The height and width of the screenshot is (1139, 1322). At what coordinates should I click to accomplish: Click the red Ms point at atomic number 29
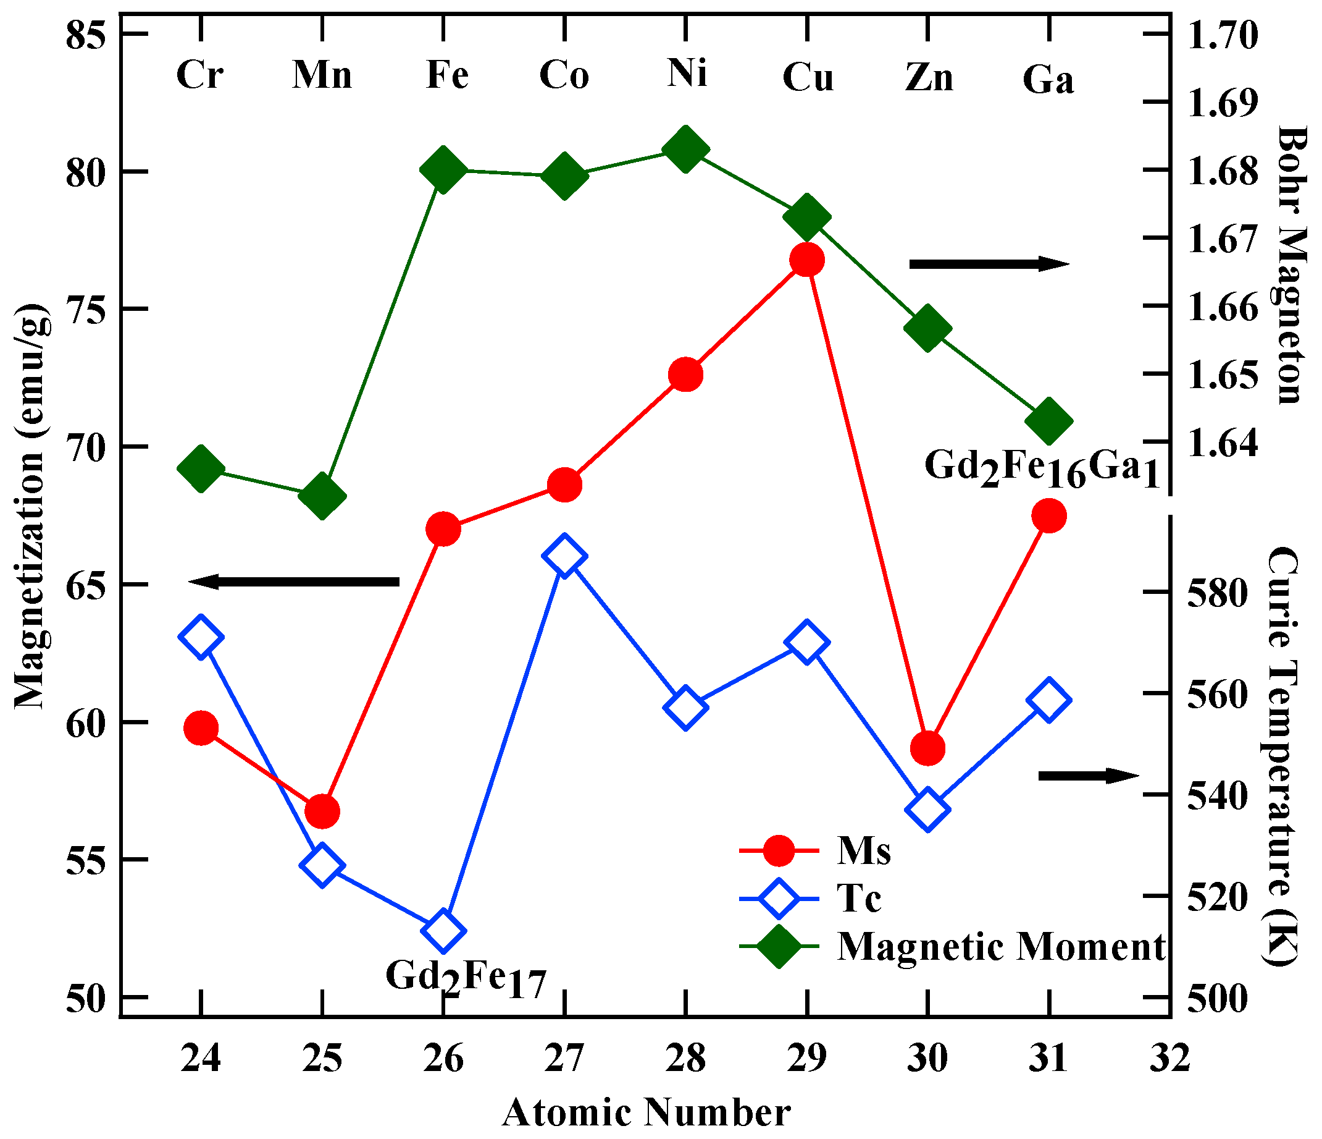point(807,260)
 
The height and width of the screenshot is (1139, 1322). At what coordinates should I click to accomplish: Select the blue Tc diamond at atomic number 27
point(564,556)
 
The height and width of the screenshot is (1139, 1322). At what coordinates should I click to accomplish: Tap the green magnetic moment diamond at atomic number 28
point(686,150)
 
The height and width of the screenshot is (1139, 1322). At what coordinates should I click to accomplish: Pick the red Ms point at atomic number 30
point(927,748)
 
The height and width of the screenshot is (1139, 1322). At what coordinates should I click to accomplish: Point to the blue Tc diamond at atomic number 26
point(444,931)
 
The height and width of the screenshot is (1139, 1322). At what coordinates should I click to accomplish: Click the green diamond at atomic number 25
point(322,497)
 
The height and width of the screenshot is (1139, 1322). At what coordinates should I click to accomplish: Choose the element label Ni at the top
point(687,73)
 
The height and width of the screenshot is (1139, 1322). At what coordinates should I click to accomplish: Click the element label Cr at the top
point(199,75)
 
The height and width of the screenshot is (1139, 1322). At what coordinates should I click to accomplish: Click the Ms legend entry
point(863,850)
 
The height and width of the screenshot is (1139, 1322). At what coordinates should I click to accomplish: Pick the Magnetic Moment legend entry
point(1000,946)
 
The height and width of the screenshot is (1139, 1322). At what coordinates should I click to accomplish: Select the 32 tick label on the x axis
point(1170,1058)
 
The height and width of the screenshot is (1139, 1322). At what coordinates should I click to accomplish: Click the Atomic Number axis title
point(646,1113)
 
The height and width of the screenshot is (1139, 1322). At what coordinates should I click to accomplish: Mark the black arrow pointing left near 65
point(294,582)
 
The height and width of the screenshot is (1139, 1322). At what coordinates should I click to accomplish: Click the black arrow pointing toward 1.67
point(989,264)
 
